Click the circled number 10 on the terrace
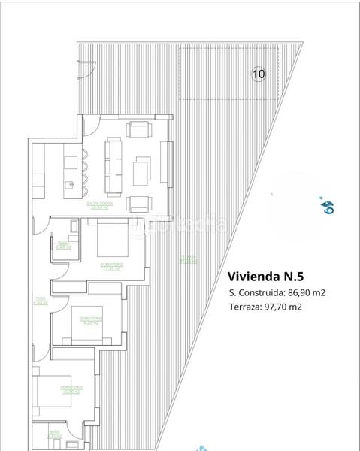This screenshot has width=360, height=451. pyautogui.click(x=259, y=74)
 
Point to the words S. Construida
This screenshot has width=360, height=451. pyautogui.click(x=256, y=293)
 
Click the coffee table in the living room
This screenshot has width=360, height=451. pyautogui.click(x=142, y=171)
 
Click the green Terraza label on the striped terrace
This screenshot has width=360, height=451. pyautogui.click(x=188, y=260)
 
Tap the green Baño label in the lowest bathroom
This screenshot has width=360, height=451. pyautogui.click(x=53, y=433)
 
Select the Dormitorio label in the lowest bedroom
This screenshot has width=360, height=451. pyautogui.click(x=71, y=389)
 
